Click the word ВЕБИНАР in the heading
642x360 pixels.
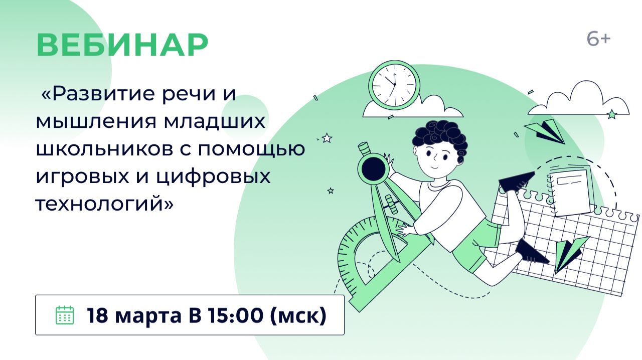(x=122, y=45)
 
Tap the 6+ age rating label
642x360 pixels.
(x=598, y=39)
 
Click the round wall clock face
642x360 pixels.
(x=394, y=83)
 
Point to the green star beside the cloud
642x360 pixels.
(x=611, y=114)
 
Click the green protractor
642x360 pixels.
(x=361, y=261)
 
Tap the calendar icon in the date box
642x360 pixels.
(x=64, y=315)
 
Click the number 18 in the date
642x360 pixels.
(x=98, y=315)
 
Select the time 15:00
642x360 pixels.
(x=237, y=315)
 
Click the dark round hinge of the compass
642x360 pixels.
(x=374, y=167)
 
